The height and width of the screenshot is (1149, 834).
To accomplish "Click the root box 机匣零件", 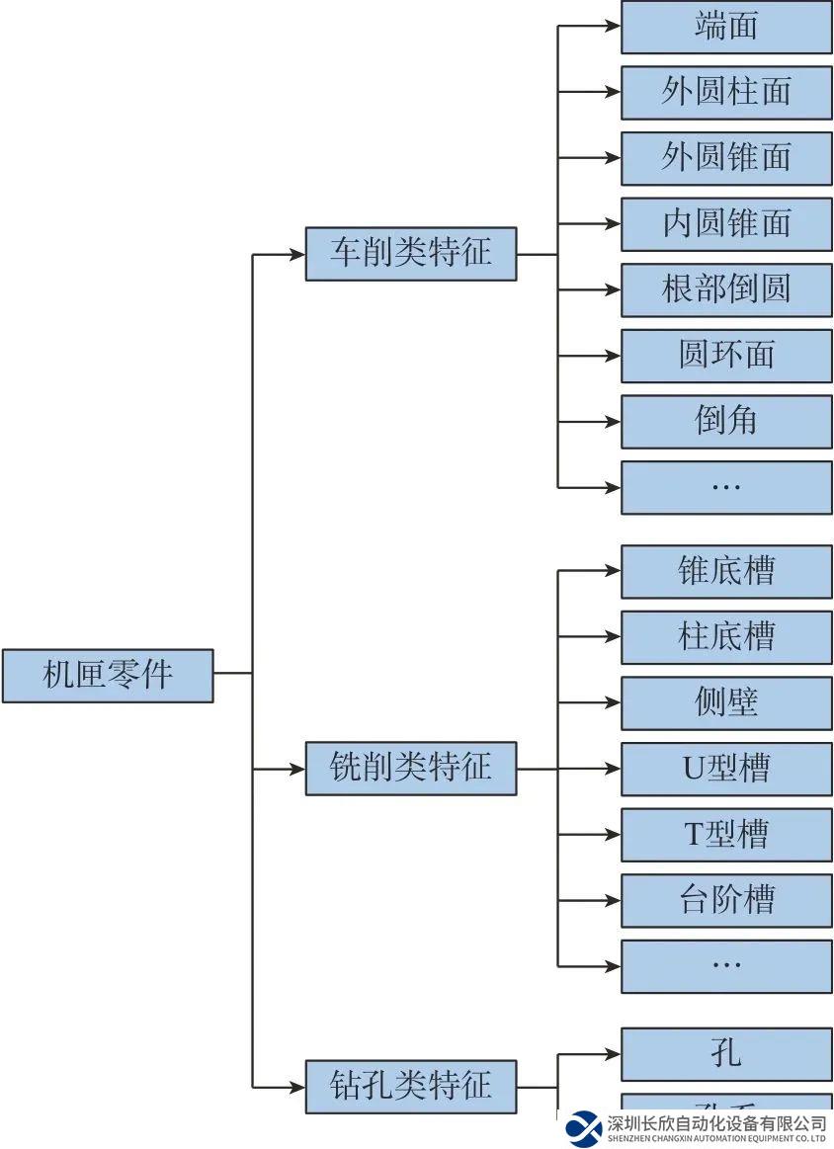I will tap(108, 675).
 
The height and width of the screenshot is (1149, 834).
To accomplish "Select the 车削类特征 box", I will tap(410, 253).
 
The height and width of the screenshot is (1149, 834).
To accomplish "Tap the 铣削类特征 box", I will tap(410, 768).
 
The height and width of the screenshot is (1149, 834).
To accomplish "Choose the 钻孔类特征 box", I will tap(410, 1087).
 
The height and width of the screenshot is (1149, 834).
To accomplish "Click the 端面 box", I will tap(726, 27).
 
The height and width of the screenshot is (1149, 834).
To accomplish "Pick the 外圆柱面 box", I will tap(726, 92).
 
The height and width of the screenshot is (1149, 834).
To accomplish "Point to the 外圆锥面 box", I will tap(726, 158).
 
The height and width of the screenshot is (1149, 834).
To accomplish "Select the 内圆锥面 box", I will tap(726, 224).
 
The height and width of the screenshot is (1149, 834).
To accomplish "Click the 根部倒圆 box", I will tap(726, 289).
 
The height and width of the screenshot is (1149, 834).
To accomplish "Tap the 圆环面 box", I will tap(726, 356).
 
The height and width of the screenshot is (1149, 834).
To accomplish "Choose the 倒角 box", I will tap(726, 422).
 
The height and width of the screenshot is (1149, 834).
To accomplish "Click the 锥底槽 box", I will tap(726, 572).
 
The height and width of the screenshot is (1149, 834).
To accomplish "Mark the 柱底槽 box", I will tap(726, 637).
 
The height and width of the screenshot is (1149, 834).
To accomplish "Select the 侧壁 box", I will tap(726, 703).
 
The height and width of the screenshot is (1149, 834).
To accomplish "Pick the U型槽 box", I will tap(726, 769).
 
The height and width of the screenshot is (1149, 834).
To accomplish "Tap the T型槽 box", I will tap(726, 835).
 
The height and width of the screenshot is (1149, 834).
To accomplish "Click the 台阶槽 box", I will tap(726, 901).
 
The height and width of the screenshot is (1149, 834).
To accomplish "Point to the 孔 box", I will tap(726, 1054).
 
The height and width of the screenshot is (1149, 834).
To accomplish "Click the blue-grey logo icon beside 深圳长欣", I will tap(584, 1128).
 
